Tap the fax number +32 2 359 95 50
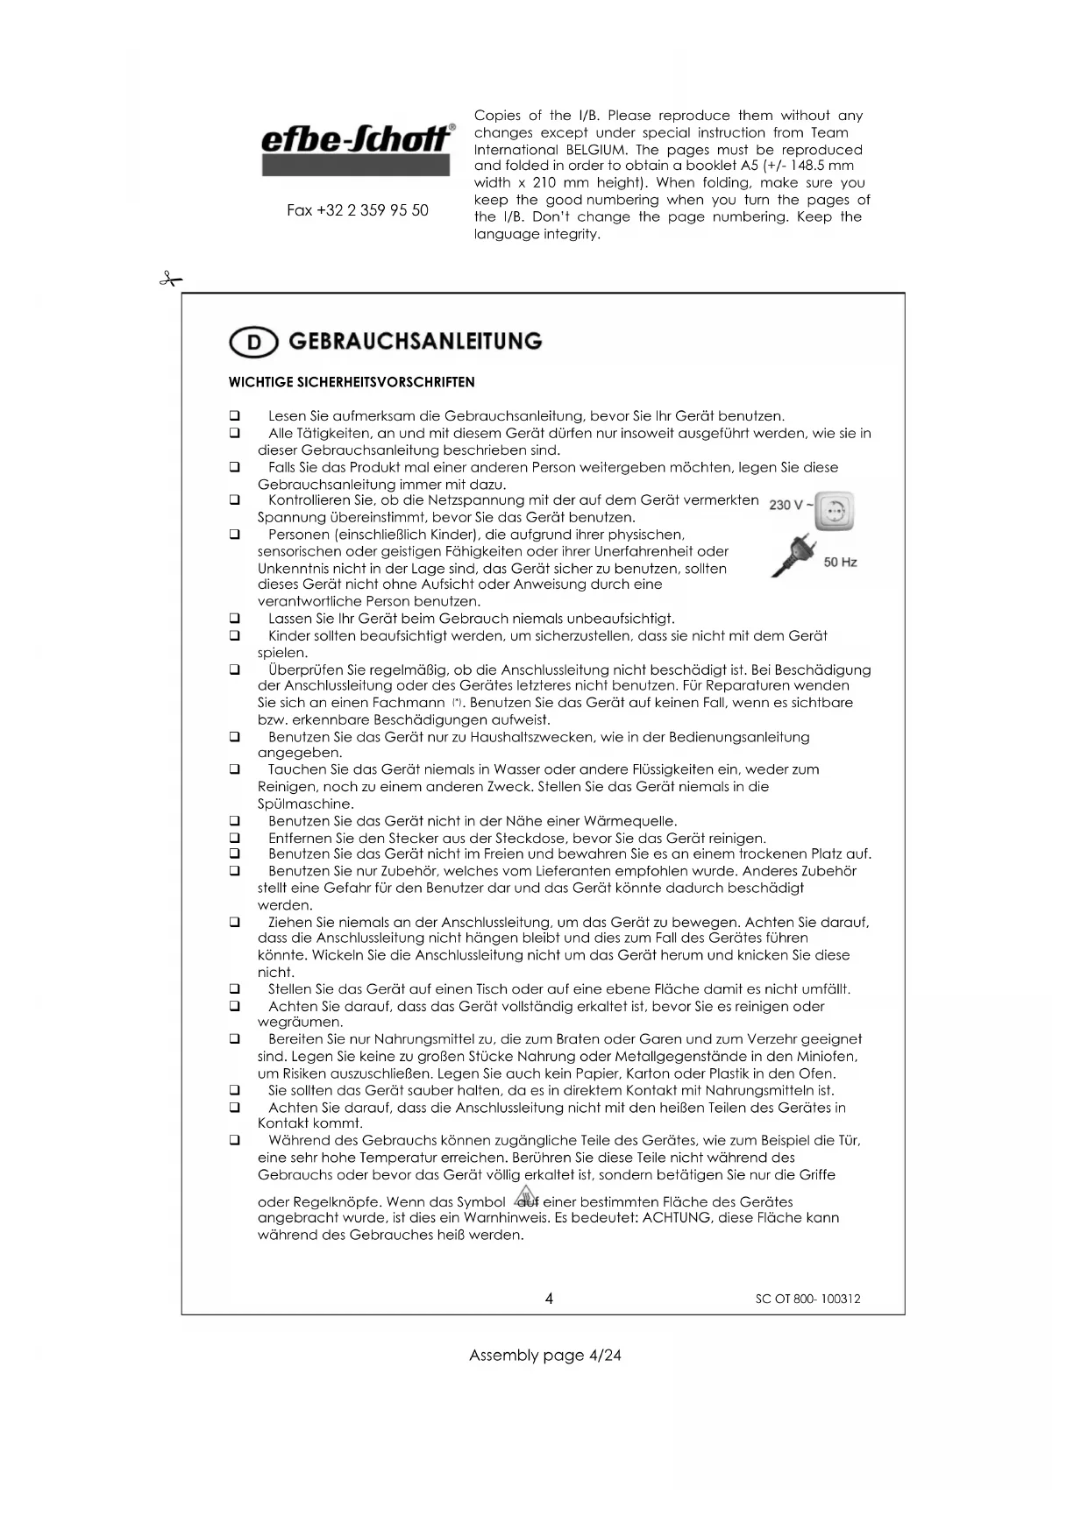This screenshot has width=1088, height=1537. [358, 211]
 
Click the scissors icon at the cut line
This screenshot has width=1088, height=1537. [170, 280]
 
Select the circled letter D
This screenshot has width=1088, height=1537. [253, 343]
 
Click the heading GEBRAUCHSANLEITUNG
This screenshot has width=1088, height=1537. [415, 341]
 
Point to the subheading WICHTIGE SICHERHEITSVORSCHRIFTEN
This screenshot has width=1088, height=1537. [352, 382]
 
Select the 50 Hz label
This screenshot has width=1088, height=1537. [840, 562]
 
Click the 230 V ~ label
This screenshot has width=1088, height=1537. [789, 505]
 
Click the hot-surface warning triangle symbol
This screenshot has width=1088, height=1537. [525, 1195]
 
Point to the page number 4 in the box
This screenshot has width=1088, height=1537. [549, 1299]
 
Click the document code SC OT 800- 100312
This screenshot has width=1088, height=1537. [807, 1300]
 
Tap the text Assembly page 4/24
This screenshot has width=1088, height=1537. [544, 1356]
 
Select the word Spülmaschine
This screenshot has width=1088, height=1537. [305, 804]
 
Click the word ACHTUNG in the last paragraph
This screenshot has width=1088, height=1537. [677, 1218]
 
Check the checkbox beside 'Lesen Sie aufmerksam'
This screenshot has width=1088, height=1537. [235, 416]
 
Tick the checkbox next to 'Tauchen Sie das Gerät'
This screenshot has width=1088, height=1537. [235, 769]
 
